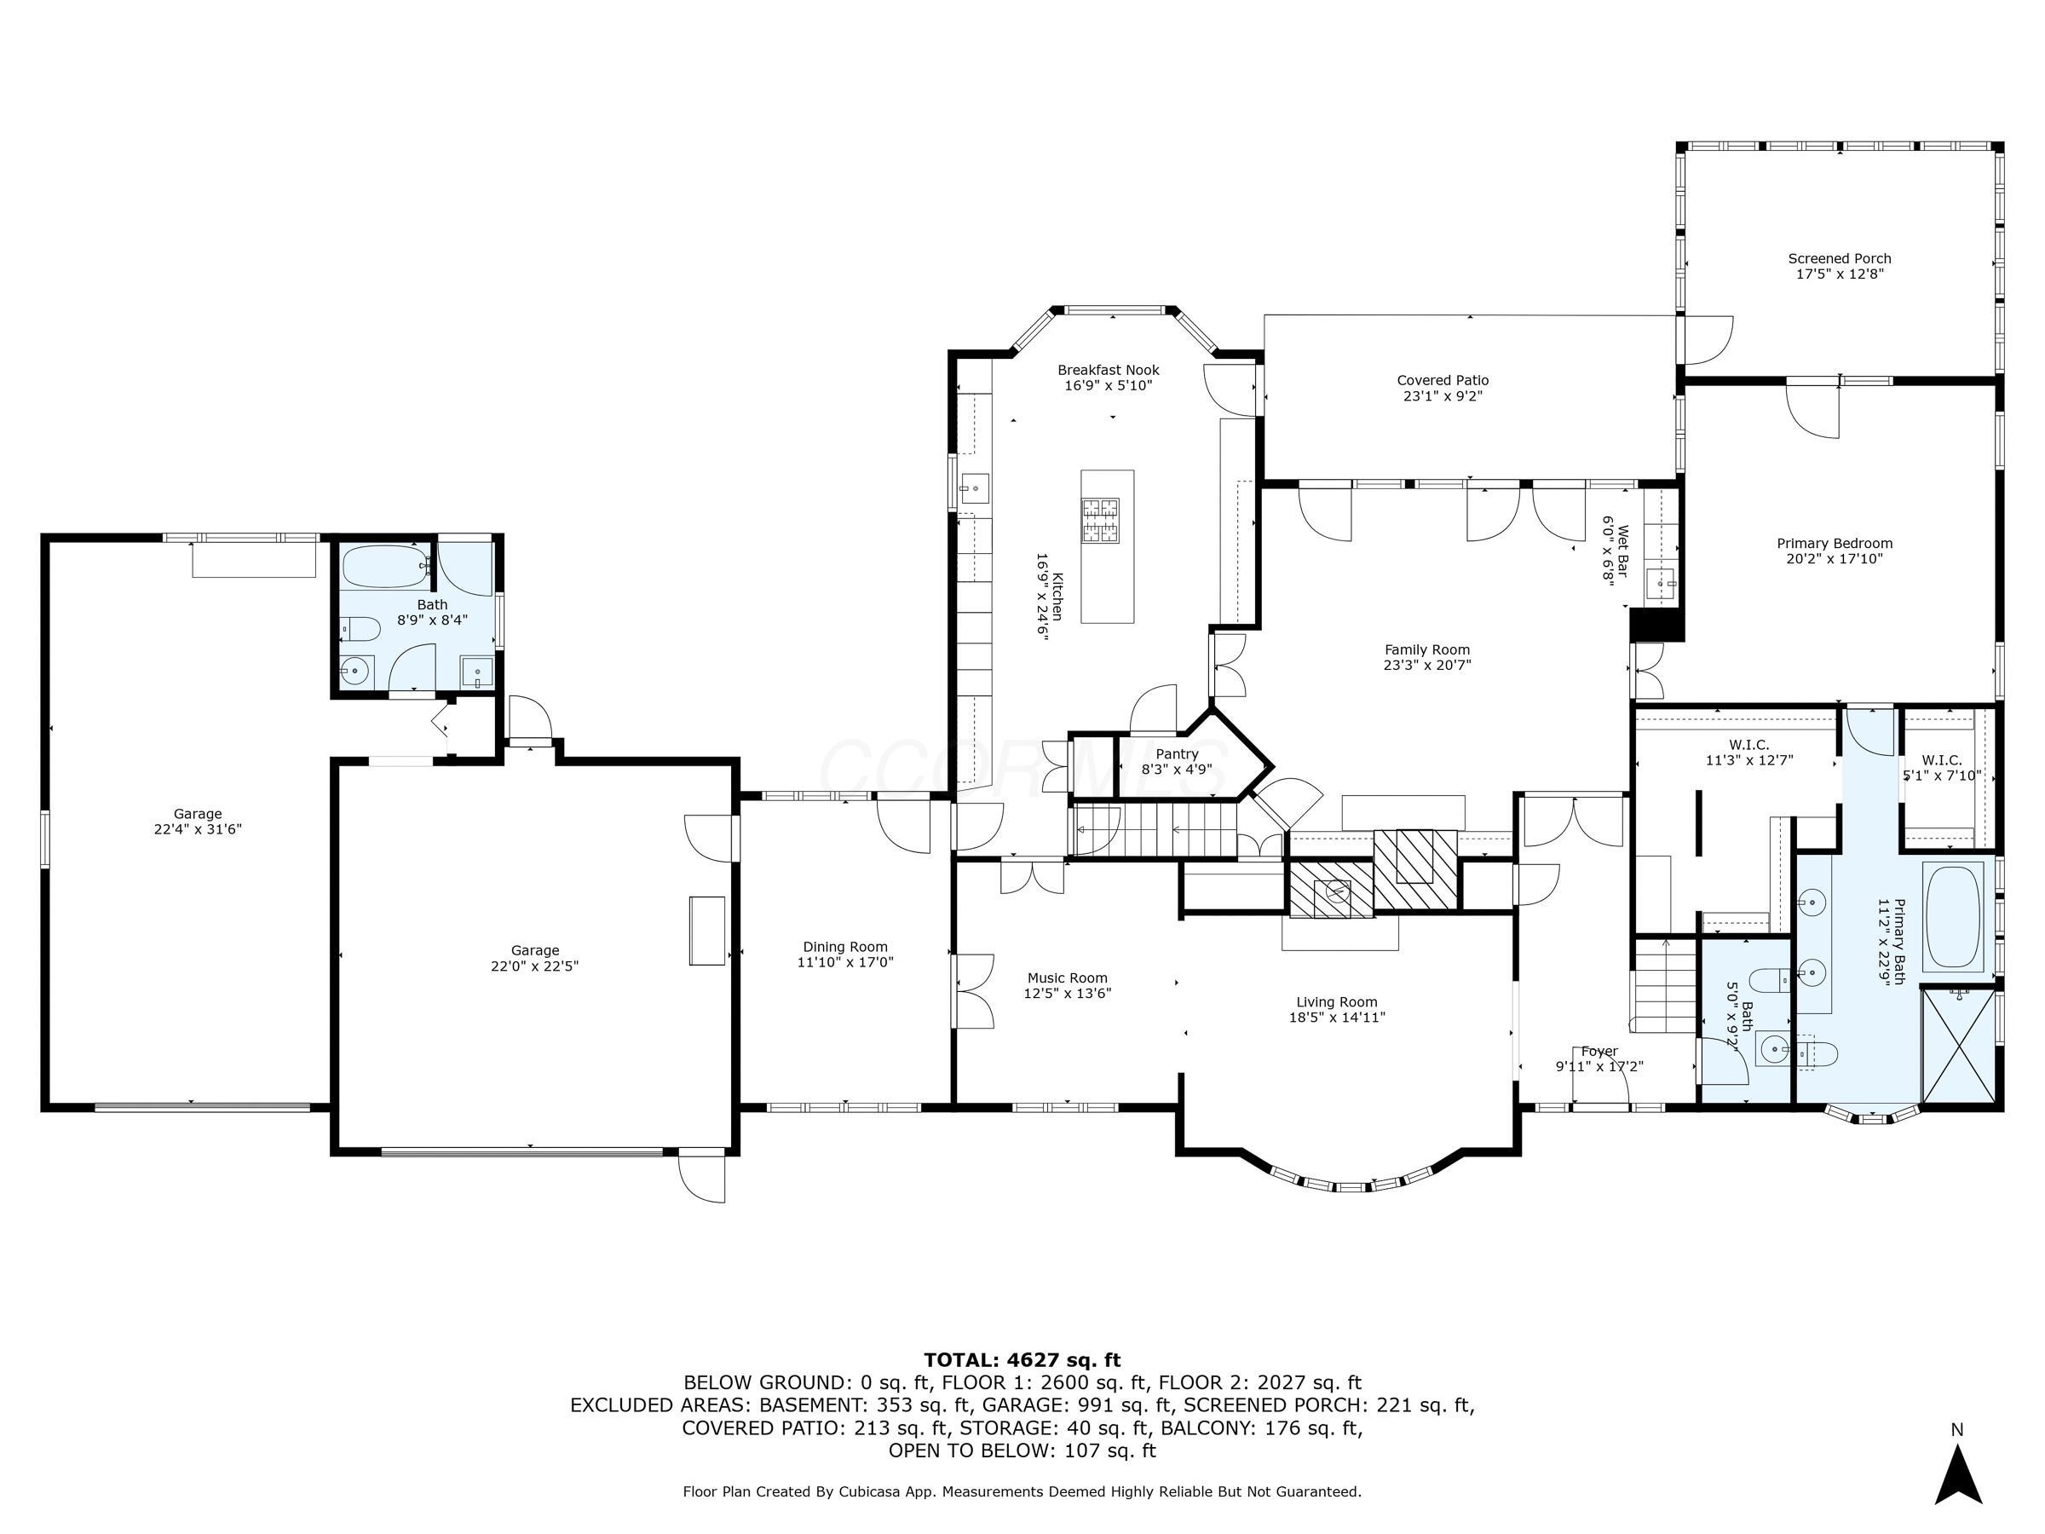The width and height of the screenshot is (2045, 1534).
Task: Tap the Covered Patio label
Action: pos(1443,380)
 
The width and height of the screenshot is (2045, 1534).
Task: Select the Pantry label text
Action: pos(1176,753)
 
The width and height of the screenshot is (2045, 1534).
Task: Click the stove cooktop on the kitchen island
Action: pos(1100,520)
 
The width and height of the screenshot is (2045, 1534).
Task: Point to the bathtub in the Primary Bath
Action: pos(1953,915)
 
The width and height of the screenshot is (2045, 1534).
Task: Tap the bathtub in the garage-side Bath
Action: pos(383,566)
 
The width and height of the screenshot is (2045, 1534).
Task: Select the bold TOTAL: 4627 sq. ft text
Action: pos(1022,1360)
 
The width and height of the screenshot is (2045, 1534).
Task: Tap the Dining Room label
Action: pos(845,947)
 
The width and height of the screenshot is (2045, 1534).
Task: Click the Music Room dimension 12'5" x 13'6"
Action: pos(1067,993)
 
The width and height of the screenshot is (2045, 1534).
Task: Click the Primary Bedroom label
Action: pos(1835,544)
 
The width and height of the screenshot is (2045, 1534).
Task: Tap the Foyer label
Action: pos(1599,1052)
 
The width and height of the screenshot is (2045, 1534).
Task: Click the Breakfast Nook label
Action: pos(1108,370)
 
